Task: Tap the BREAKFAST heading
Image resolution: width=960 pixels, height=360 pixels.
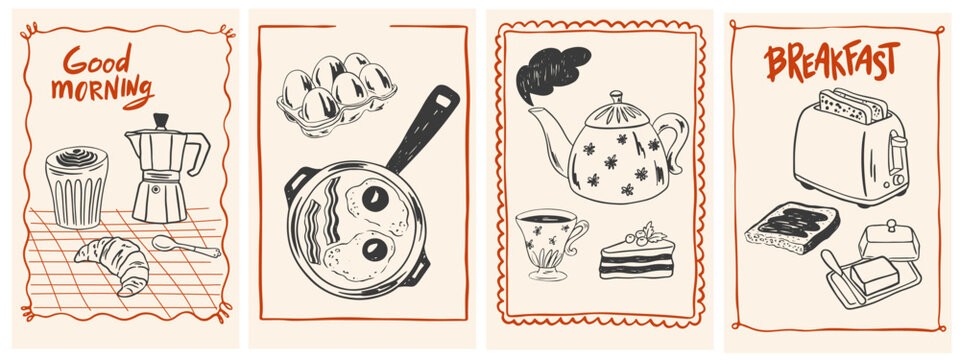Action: click(832, 62)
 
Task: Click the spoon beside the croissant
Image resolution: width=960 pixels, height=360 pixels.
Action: click(184, 246)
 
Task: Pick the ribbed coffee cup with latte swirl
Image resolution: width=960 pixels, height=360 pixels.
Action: click(76, 187)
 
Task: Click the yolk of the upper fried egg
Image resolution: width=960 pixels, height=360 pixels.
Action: click(377, 198)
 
